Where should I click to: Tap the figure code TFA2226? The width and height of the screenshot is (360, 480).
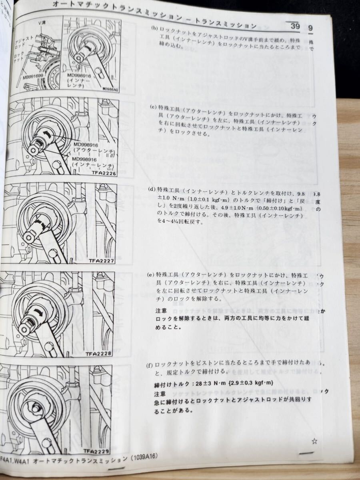pos(104,174)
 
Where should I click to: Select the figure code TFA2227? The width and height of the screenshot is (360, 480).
pos(102,261)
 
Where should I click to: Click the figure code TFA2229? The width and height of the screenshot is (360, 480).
pos(97,451)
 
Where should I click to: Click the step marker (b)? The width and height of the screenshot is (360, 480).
pos(154,29)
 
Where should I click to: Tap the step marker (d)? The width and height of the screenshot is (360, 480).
pos(152,189)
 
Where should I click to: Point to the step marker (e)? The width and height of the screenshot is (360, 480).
pos(150,275)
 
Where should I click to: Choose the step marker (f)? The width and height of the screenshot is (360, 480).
pos(150,365)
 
